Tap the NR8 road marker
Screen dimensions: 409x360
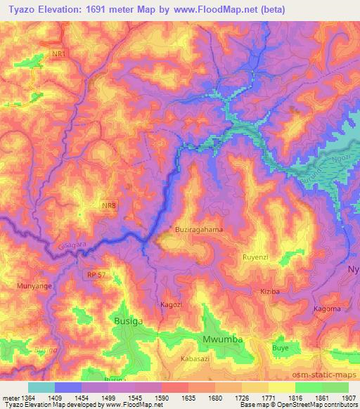tap(108, 205)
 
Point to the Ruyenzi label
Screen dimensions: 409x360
tap(256, 258)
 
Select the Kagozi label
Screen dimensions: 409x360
tap(172, 304)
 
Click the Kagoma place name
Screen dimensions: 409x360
tap(326, 309)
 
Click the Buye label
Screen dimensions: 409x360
tap(281, 347)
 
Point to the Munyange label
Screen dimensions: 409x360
tap(31, 287)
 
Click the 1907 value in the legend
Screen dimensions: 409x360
tap(347, 397)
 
